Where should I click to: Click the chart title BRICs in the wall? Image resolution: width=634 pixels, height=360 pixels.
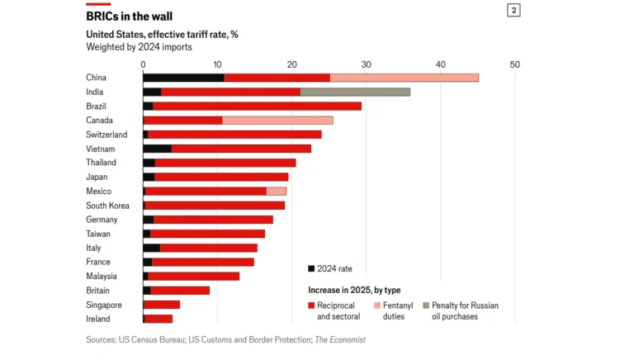coord(129,16)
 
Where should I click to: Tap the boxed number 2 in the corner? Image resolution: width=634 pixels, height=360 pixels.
coord(514,10)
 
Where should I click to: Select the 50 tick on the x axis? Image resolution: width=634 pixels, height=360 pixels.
coord(515,64)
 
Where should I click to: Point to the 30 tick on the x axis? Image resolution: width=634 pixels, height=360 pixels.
coord(366,64)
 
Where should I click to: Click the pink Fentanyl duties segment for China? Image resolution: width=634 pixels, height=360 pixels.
coord(404,78)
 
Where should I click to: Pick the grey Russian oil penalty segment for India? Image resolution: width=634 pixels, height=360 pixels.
coord(355,92)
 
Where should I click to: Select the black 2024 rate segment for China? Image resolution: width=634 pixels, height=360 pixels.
coord(183,78)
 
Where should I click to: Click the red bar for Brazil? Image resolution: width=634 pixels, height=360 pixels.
coord(257,106)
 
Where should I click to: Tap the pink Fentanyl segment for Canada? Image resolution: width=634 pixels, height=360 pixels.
coord(277,120)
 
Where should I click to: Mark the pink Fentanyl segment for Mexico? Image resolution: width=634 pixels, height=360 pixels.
coord(277,191)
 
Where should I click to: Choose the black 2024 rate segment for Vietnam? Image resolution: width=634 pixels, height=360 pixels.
coord(157,149)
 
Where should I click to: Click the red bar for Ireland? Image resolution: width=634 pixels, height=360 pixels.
coord(158,319)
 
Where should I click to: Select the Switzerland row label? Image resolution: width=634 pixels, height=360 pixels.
coord(106,135)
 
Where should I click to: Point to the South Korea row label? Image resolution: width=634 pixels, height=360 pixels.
coord(107,206)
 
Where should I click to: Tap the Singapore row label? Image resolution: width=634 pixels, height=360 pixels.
coord(104,305)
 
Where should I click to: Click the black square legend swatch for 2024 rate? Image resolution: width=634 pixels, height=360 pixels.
coord(311,268)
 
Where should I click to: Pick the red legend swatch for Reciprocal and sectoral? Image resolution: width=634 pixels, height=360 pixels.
coord(311,306)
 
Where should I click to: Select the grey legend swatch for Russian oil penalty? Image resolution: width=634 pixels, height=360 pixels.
coord(426,306)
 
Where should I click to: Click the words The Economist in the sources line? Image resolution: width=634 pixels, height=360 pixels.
coord(339,339)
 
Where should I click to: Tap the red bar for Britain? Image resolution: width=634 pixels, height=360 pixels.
coord(180,291)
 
